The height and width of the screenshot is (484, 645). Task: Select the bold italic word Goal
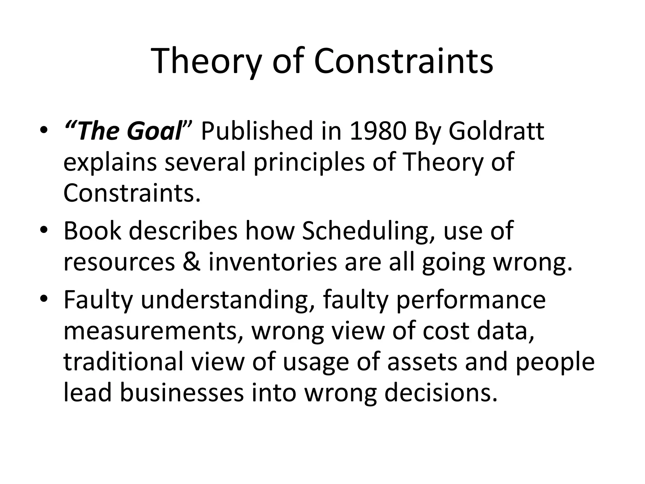(154, 131)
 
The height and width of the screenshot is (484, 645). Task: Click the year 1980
(378, 131)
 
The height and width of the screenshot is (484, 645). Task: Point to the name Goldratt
(496, 131)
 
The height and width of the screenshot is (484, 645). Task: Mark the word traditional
(123, 361)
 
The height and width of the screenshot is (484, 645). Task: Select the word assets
(422, 362)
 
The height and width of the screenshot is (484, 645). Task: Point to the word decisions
(441, 393)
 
